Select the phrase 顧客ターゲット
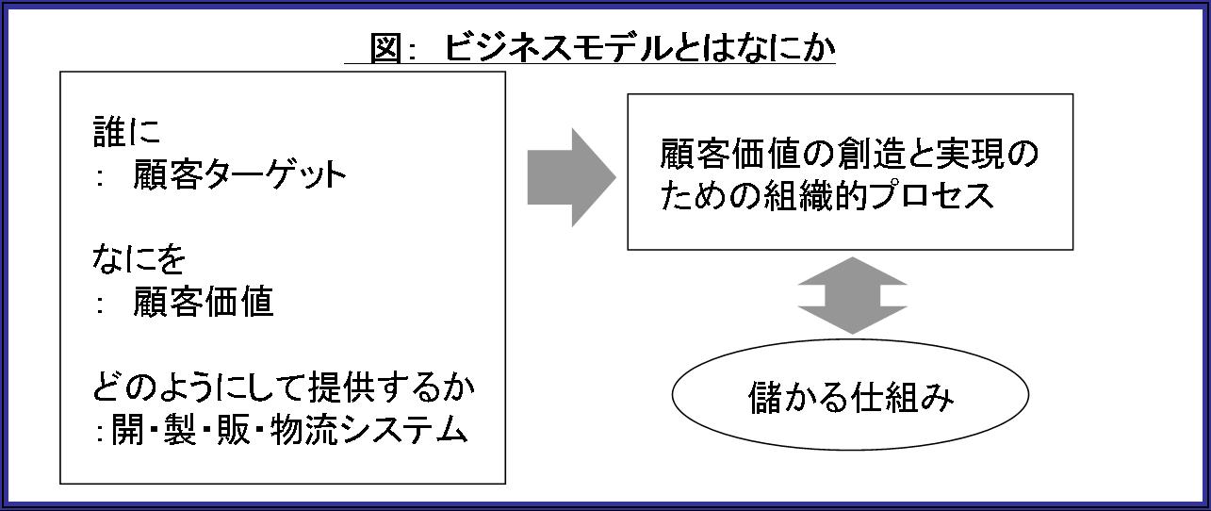pyautogui.click(x=240, y=175)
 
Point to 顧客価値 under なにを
pyautogui.click(x=204, y=302)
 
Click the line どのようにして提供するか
pyautogui.click(x=284, y=387)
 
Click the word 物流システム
pyautogui.click(x=368, y=430)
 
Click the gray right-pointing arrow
pyautogui.click(x=571, y=176)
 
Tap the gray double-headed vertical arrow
pyautogui.click(x=851, y=295)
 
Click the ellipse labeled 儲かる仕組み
pyautogui.click(x=850, y=397)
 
